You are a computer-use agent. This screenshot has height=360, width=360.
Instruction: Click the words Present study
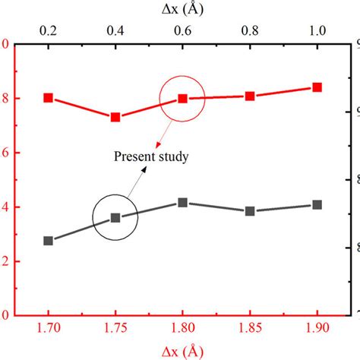click(151, 157)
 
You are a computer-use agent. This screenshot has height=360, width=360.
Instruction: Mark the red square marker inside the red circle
click(182, 99)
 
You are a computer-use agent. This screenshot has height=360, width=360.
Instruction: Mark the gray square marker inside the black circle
click(115, 217)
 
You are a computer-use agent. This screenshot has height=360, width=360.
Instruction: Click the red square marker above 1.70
click(49, 98)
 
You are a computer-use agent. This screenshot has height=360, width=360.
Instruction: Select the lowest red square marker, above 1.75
click(115, 117)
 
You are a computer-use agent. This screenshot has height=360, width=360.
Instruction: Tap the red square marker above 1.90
click(317, 87)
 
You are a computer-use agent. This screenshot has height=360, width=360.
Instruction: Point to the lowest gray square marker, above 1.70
click(49, 241)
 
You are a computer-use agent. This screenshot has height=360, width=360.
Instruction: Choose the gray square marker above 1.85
click(250, 211)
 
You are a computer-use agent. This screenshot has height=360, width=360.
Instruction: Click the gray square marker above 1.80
click(182, 203)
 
